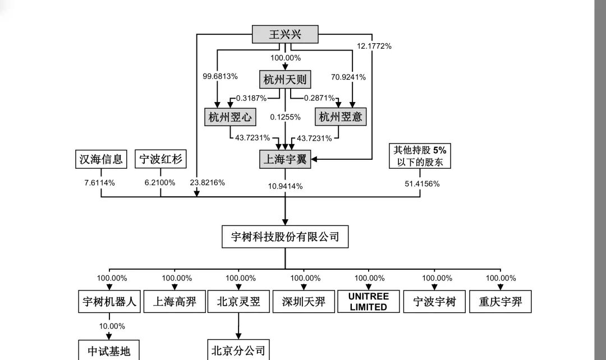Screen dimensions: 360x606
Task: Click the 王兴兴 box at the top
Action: [284, 35]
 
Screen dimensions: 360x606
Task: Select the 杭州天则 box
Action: [284, 80]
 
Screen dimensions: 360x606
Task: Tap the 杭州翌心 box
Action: [229, 117]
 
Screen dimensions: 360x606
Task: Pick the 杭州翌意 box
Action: [340, 117]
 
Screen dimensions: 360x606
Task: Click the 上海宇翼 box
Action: [284, 159]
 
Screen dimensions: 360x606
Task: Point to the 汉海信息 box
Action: [101, 159]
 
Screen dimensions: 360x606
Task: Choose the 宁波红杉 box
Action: [160, 159]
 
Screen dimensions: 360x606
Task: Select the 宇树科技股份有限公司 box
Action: [284, 237]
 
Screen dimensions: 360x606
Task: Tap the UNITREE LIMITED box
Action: [368, 302]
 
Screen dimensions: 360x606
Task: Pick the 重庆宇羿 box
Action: [499, 302]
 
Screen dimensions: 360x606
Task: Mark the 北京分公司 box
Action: [238, 350]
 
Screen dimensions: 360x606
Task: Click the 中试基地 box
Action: [108, 351]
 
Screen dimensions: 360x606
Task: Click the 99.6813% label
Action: [221, 76]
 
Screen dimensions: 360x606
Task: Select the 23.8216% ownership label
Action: [208, 182]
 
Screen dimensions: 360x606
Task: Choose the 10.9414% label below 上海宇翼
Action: [285, 186]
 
